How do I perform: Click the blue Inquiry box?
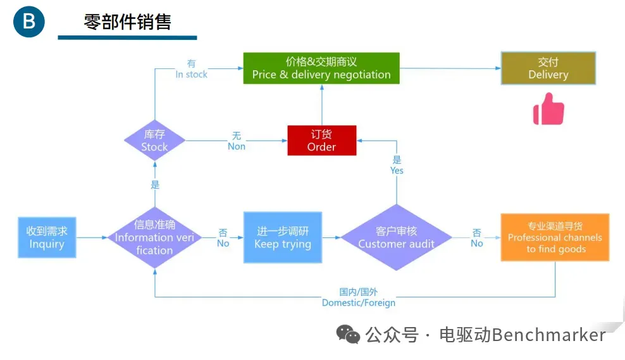(x=47, y=237)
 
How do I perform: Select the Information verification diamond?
(x=154, y=237)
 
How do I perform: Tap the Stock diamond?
(x=154, y=140)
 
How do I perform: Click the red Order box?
(x=321, y=140)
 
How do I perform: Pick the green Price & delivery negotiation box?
(x=321, y=68)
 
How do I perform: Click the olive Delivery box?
(x=548, y=68)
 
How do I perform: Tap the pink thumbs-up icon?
(x=548, y=109)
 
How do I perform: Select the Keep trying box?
(x=283, y=237)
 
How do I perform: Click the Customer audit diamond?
(x=396, y=237)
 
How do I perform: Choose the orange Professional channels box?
(x=555, y=237)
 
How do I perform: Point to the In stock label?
(x=191, y=69)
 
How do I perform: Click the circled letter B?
(x=29, y=22)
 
